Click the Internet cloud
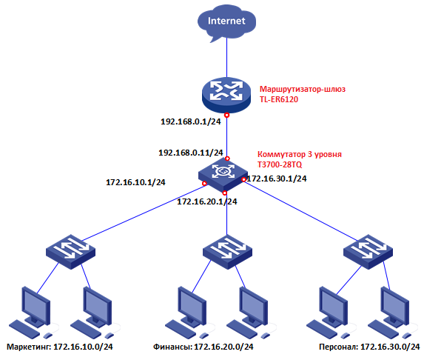coord(226,24)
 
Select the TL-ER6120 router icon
coord(226,95)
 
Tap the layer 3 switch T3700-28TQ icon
coord(223,174)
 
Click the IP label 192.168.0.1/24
coord(191,121)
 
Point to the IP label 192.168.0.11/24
coord(191,153)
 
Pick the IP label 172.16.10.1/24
coord(135,182)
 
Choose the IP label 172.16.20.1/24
coord(207,201)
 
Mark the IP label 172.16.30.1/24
coord(277,179)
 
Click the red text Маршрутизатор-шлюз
coord(303,89)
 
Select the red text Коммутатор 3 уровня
coord(300,154)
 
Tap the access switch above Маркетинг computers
coord(70,252)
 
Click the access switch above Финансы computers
coord(227,252)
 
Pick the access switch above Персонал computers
coord(368,252)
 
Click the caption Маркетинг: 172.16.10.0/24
coord(60,347)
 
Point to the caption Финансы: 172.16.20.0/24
coord(203,347)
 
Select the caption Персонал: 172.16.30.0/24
coord(369,347)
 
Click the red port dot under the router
coord(227,115)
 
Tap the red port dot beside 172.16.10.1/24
coord(205,184)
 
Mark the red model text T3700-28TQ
coord(280,164)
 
